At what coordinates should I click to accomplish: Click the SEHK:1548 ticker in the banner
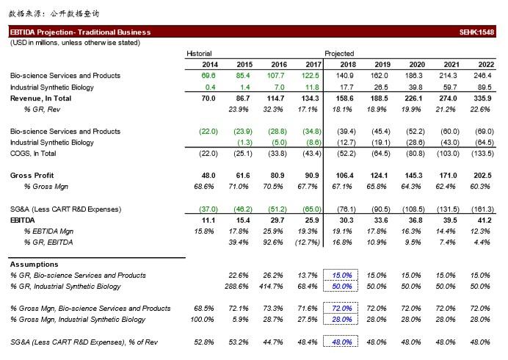476,32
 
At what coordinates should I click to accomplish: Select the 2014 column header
210,65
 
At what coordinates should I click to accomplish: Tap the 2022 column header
486,65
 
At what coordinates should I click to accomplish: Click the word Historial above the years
199,54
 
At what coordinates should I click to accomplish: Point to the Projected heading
339,54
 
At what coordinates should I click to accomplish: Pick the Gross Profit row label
32,176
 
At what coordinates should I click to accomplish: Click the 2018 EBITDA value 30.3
346,220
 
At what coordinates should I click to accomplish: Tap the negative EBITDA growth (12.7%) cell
308,242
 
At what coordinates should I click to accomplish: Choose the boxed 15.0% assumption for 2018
342,276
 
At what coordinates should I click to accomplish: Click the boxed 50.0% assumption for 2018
342,287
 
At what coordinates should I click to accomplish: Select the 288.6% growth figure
236,287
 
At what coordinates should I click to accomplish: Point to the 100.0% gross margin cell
202,320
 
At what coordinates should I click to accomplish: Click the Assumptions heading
34,264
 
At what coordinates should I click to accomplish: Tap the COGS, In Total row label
33,154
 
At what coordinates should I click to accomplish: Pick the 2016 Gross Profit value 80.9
277,176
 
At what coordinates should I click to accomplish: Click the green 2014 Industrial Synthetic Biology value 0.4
210,87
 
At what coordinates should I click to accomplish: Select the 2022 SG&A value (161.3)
482,209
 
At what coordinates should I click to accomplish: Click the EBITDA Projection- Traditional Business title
80,32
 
